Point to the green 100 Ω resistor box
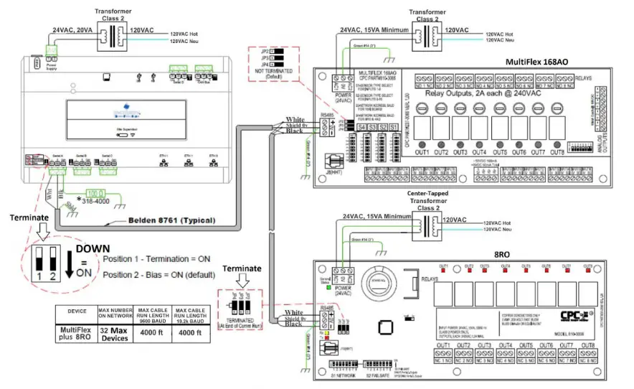[x=95, y=194]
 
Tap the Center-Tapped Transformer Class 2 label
[x=427, y=197]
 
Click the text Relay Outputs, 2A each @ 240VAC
[x=471, y=93]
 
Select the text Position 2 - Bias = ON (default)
[x=162, y=275]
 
